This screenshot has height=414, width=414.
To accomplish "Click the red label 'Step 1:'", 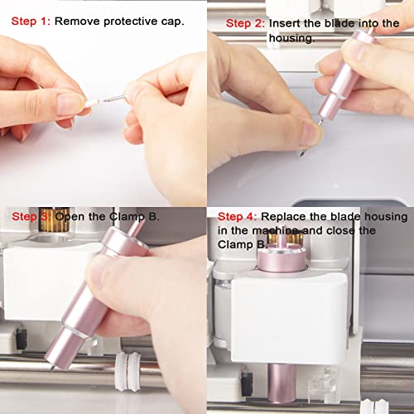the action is click(x=31, y=22).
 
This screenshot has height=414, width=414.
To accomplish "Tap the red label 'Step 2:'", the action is click(x=245, y=23).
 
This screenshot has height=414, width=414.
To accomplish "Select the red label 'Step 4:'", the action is click(x=238, y=217).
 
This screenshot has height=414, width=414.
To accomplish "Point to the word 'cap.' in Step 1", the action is click(x=172, y=22).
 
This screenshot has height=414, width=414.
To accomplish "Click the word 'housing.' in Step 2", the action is click(x=292, y=38).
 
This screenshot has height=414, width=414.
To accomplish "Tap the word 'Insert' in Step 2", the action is click(x=285, y=23).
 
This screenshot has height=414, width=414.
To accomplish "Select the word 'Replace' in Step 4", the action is click(x=283, y=217).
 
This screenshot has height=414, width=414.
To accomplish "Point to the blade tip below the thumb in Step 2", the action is click(x=302, y=152).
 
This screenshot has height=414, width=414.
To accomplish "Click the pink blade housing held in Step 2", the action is click(x=344, y=75).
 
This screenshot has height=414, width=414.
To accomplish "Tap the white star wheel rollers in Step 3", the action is click(x=128, y=372).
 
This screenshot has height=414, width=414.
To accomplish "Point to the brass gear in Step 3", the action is click(x=54, y=219).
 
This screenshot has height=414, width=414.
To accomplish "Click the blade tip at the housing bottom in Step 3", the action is click(x=51, y=368).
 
